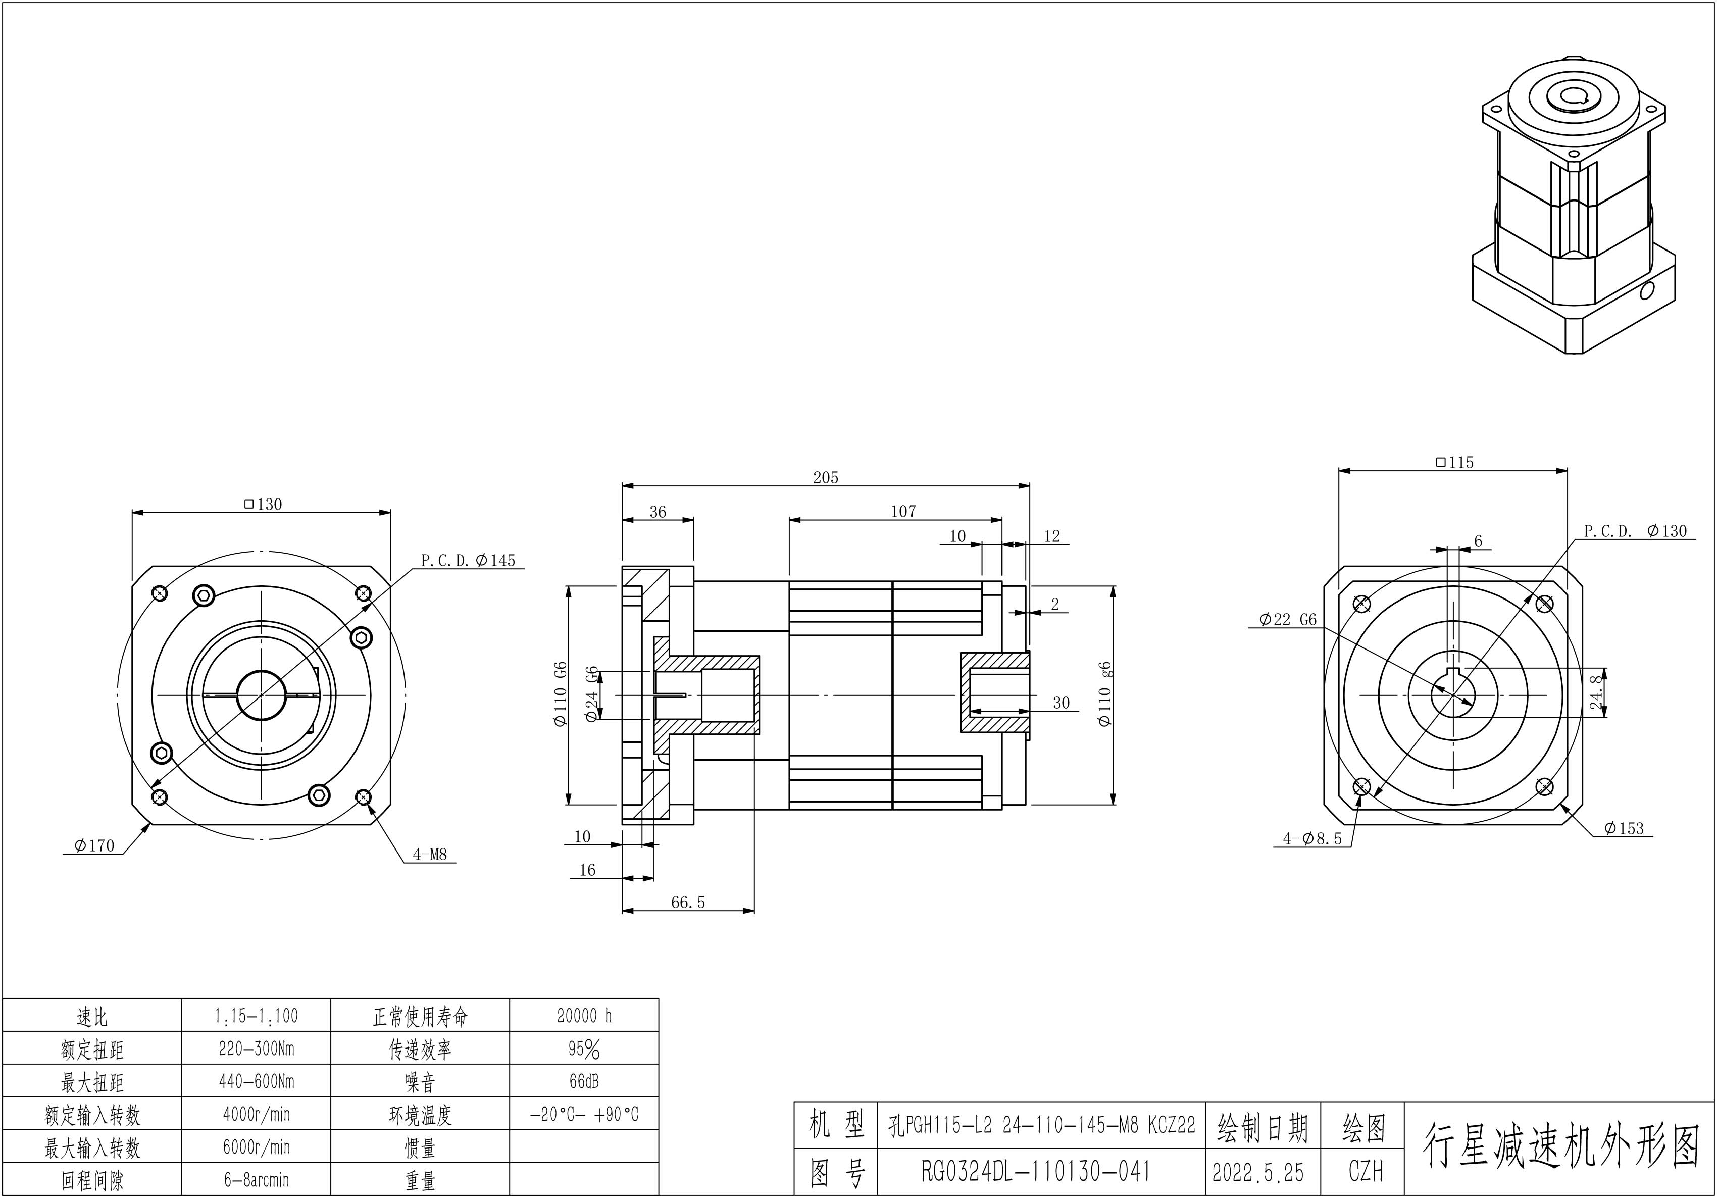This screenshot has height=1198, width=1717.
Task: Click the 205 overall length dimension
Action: pyautogui.click(x=826, y=477)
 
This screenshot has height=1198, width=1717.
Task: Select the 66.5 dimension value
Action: pyautogui.click(x=687, y=902)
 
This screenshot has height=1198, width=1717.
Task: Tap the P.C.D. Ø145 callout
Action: pyautogui.click(x=468, y=560)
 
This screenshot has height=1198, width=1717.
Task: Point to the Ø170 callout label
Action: pyautogui.click(x=94, y=846)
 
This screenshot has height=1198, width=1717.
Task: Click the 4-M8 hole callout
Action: pyautogui.click(x=430, y=854)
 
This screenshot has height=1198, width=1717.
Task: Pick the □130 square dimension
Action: pyautogui.click(x=263, y=504)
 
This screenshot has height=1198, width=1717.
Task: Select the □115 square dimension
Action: pyautogui.click(x=1454, y=462)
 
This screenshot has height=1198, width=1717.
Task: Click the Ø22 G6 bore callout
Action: pyautogui.click(x=1288, y=619)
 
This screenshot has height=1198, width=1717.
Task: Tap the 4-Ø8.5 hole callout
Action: pyautogui.click(x=1312, y=839)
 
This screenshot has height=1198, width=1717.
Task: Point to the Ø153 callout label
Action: pyautogui.click(x=1624, y=828)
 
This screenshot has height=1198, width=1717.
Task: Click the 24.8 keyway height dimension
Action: pyautogui.click(x=1596, y=692)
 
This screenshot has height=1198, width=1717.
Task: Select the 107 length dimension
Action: pyautogui.click(x=902, y=512)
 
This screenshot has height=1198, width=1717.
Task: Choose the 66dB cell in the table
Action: pyautogui.click(x=584, y=1081)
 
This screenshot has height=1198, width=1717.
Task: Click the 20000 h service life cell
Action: pyautogui.click(x=584, y=1016)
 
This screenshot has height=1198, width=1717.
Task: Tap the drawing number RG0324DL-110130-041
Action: pyautogui.click(x=1036, y=1171)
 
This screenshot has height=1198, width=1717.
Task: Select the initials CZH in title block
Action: pyautogui.click(x=1366, y=1171)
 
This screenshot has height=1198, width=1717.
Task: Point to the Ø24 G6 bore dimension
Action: pyautogui.click(x=591, y=694)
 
